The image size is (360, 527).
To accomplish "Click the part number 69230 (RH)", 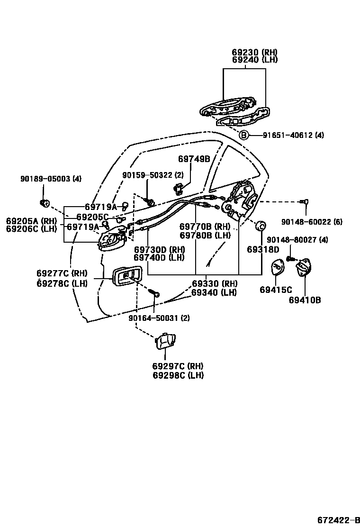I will [x=254, y=52].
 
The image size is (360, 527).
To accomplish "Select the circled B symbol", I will [x=243, y=135].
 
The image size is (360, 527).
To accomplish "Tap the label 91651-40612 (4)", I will [x=294, y=135].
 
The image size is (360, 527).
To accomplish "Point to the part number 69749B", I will [x=194, y=159].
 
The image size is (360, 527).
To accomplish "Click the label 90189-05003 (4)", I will [x=51, y=179].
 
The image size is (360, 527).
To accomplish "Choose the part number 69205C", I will [x=92, y=217].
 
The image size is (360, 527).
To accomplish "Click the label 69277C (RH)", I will [x=62, y=273].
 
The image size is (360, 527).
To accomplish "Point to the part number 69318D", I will [x=263, y=249].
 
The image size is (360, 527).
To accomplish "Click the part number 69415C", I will [x=276, y=290].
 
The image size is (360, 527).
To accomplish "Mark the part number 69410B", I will [x=305, y=300].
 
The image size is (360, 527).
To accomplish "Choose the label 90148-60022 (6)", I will [x=311, y=221].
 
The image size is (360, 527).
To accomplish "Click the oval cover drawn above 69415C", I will [x=277, y=269].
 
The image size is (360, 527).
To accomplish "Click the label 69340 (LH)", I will [x=214, y=292].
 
